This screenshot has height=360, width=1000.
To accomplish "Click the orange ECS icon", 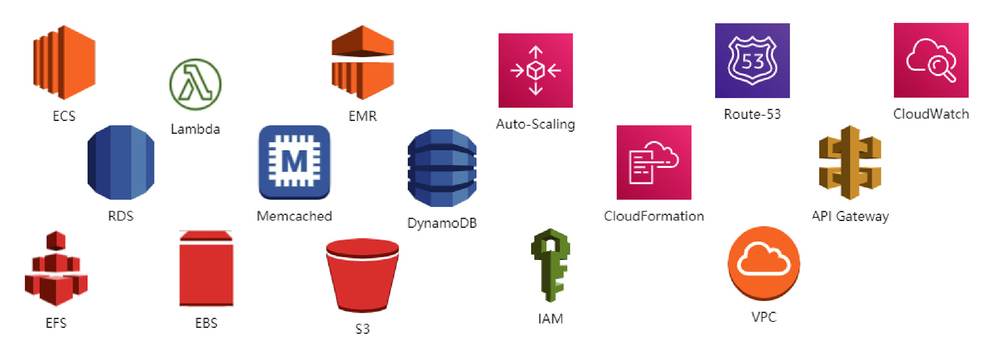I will [64, 62].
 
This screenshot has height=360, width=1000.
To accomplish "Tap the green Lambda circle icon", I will [195, 84].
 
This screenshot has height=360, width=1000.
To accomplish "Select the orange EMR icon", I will [362, 62].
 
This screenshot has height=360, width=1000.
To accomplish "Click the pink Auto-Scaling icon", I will [535, 70].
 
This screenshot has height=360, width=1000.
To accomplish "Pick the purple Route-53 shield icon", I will [752, 60].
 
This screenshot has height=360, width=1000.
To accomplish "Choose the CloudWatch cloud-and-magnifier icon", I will [931, 60].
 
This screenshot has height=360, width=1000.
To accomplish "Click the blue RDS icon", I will [121, 162].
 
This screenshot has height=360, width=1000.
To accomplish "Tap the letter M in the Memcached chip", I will [294, 162].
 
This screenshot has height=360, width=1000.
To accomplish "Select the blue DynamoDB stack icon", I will [442, 168].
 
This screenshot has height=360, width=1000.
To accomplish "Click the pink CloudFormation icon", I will [654, 162].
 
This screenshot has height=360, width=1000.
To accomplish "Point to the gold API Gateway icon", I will [850, 162].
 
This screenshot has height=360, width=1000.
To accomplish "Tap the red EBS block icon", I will [206, 269].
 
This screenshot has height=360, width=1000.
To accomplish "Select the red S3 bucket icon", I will [362, 275].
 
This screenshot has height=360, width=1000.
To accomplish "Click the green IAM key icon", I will [551, 265].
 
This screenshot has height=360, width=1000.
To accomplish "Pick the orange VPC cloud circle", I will [764, 263].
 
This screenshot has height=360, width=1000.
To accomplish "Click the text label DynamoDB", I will [442, 223].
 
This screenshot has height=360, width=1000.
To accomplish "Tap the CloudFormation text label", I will [654, 216].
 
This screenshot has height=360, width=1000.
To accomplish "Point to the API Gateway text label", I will [850, 216].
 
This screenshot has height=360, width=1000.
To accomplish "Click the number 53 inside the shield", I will [752, 62].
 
